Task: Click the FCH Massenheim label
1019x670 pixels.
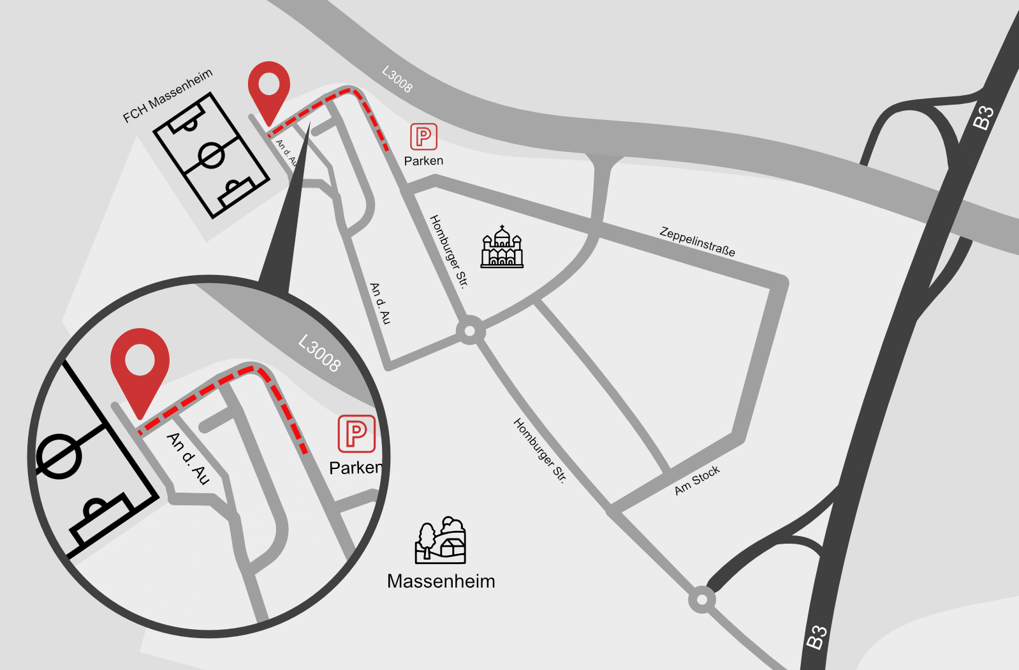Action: (167, 96)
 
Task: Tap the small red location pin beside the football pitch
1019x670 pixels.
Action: (268, 86)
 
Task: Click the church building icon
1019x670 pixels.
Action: (502, 247)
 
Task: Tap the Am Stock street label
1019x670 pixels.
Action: (697, 480)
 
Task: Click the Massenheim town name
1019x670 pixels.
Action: (441, 581)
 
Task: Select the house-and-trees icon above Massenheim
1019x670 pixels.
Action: (441, 540)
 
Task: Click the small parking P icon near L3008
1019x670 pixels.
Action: (423, 137)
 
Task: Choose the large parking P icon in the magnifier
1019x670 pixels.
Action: (356, 434)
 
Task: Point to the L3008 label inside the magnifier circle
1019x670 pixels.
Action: (319, 353)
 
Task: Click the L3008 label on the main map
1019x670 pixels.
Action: (397, 79)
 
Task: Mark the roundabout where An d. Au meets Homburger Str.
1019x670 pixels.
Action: (470, 331)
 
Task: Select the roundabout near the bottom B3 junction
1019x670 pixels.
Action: (701, 600)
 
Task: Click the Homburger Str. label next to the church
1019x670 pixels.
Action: (449, 251)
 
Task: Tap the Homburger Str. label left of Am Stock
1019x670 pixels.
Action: (539, 450)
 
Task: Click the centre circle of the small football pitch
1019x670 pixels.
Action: (211, 155)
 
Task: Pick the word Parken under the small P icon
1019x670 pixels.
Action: (423, 161)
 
